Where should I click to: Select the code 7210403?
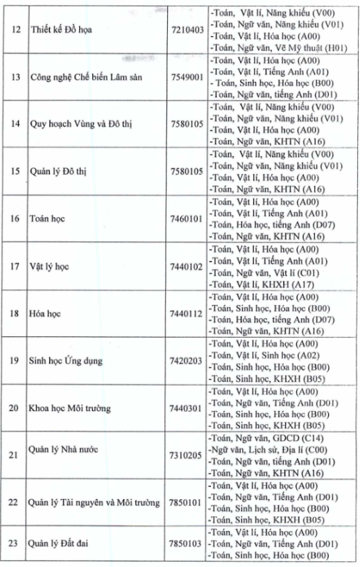point(185,30)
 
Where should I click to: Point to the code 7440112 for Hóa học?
point(185,313)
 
